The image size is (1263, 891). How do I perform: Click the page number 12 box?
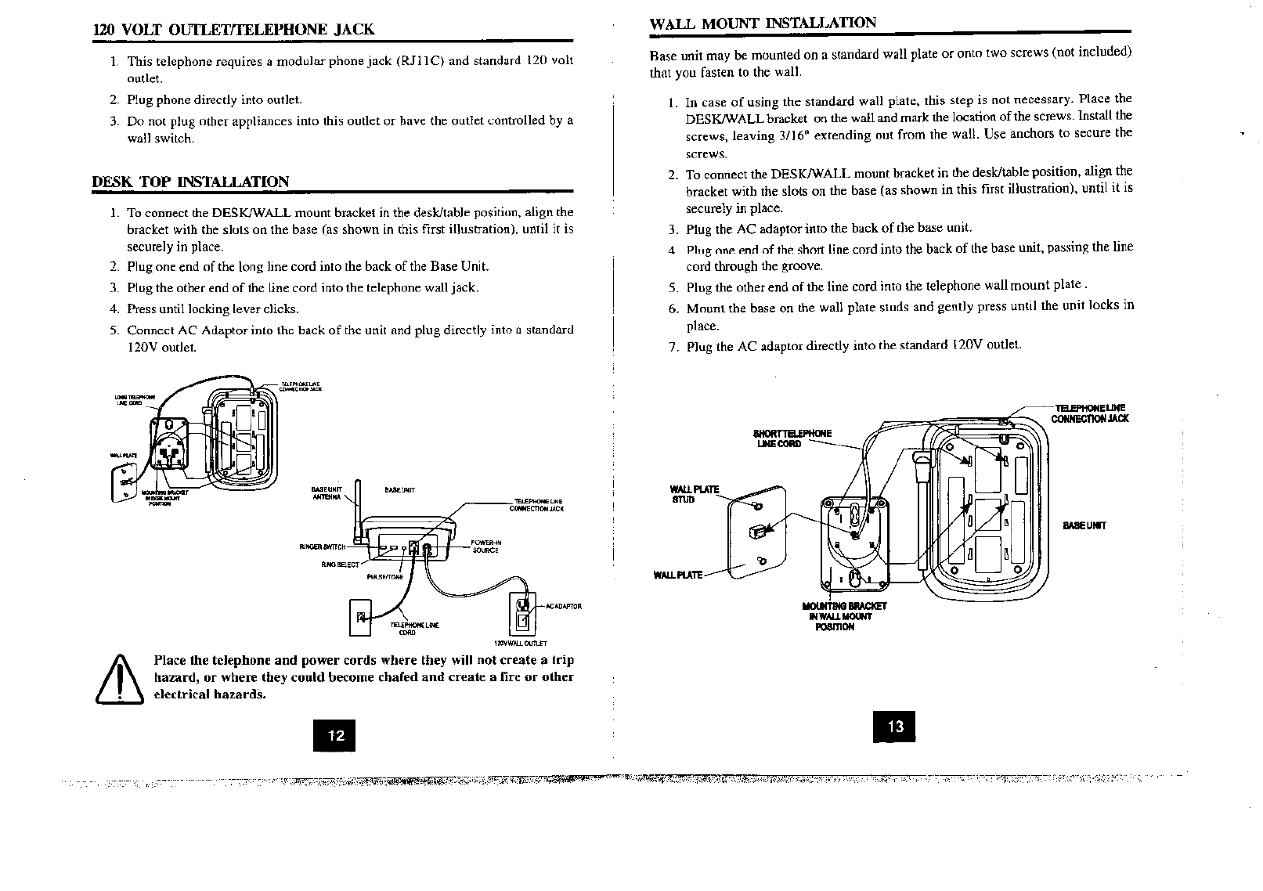point(334,734)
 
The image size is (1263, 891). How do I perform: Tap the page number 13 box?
point(894,726)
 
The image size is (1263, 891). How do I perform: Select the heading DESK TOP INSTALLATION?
point(191,182)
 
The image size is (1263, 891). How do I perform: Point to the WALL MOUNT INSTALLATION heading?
point(763,23)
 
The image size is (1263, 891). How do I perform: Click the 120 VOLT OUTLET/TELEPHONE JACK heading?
point(233,30)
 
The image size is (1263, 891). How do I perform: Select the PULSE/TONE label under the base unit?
point(384,577)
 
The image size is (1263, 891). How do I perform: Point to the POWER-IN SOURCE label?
point(486,546)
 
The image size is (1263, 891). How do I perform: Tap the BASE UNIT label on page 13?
point(1084,525)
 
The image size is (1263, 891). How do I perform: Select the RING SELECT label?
point(339,564)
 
